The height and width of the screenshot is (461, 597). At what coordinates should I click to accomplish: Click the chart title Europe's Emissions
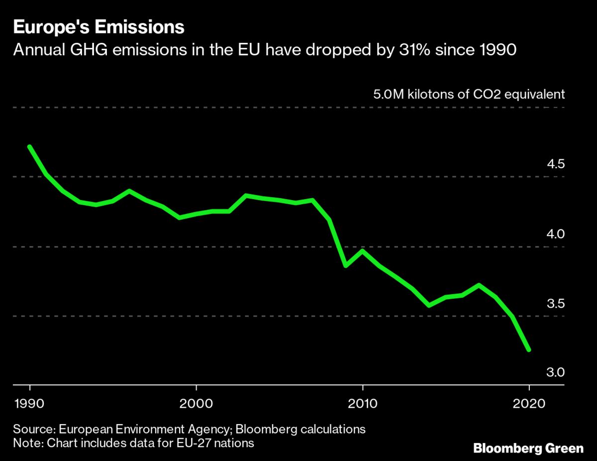99,27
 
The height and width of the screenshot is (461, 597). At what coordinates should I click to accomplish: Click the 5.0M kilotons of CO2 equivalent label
469,95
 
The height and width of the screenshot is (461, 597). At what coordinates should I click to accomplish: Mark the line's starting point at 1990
30,147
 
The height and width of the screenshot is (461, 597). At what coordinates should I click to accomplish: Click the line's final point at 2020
529,350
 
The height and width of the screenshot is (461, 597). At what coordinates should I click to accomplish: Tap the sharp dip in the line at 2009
346,266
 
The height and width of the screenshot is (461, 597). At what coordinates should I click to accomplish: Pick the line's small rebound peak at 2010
363,250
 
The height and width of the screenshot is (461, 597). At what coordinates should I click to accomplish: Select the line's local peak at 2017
479,285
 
